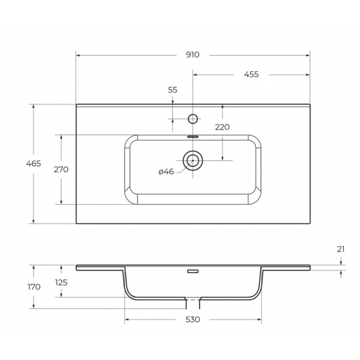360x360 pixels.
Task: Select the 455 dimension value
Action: point(251,74)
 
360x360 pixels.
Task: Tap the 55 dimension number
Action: point(172,90)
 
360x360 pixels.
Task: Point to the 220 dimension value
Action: point(222,127)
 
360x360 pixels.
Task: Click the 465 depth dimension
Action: point(20,163)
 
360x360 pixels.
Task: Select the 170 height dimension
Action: point(34,287)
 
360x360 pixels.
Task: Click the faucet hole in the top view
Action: point(192,118)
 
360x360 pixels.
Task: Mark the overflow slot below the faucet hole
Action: point(192,136)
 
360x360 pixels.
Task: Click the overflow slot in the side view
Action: point(192,270)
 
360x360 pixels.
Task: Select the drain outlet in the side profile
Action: point(192,303)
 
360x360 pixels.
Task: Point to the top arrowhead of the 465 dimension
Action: point(33,105)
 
